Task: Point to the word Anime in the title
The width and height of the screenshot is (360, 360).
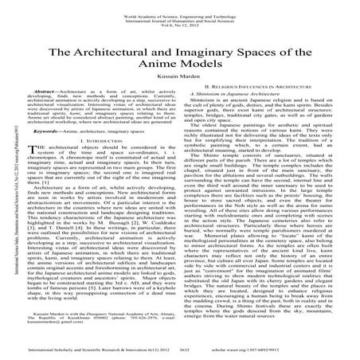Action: pyautogui.click(x=165, y=66)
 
